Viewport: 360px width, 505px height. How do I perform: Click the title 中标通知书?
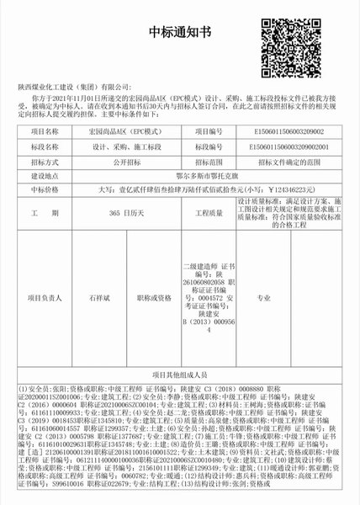(180, 33)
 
